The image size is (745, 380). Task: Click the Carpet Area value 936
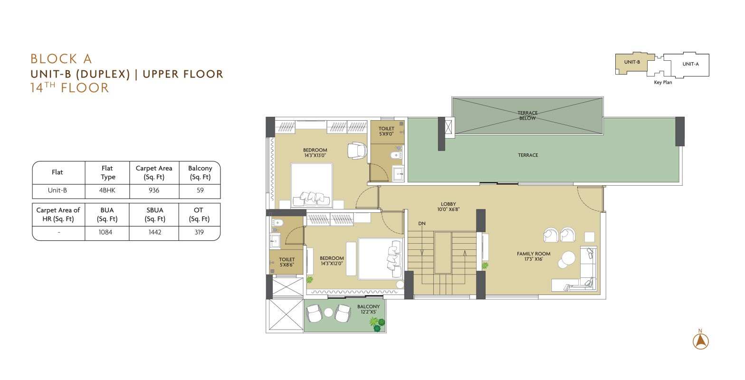click(154, 190)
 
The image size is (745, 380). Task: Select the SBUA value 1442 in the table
click(155, 232)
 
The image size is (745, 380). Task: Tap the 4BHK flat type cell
click(107, 190)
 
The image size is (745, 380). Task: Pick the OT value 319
click(199, 232)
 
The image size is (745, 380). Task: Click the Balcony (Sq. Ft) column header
click(200, 172)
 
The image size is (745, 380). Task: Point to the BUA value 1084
click(105, 232)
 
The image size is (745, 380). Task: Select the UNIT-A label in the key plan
click(690, 64)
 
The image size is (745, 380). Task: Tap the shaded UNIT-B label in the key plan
click(632, 62)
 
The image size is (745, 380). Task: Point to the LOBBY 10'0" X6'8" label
click(449, 207)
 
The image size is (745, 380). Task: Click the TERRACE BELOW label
click(527, 116)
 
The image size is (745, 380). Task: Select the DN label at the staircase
click(422, 224)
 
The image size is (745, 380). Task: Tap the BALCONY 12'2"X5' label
click(369, 309)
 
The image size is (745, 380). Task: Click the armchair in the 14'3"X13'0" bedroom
click(357, 150)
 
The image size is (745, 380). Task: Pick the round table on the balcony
click(328, 313)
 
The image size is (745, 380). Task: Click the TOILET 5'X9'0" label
click(386, 131)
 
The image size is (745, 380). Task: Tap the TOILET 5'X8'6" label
click(287, 262)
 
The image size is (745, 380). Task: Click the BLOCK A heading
click(61, 59)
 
